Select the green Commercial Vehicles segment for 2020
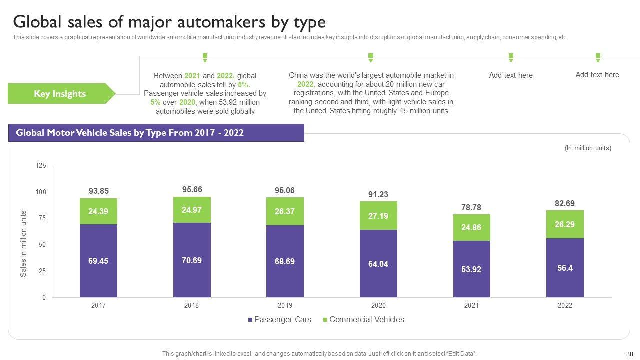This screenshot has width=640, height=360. click(x=378, y=216)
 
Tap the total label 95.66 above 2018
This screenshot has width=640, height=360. click(x=192, y=189)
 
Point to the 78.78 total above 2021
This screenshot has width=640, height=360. click(x=471, y=207)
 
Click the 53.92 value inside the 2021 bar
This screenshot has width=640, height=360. click(x=471, y=270)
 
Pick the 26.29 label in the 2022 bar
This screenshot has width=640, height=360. click(x=564, y=224)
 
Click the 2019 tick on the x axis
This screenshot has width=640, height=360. click(x=285, y=305)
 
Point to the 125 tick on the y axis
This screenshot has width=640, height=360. click(x=41, y=165)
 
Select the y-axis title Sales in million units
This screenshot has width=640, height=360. click(x=23, y=244)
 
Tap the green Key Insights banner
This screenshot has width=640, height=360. click(x=60, y=94)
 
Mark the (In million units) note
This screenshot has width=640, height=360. click(x=588, y=148)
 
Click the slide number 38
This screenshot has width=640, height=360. click(x=629, y=353)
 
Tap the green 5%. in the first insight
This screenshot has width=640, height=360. click(x=244, y=85)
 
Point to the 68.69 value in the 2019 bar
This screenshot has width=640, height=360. click(x=285, y=261)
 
